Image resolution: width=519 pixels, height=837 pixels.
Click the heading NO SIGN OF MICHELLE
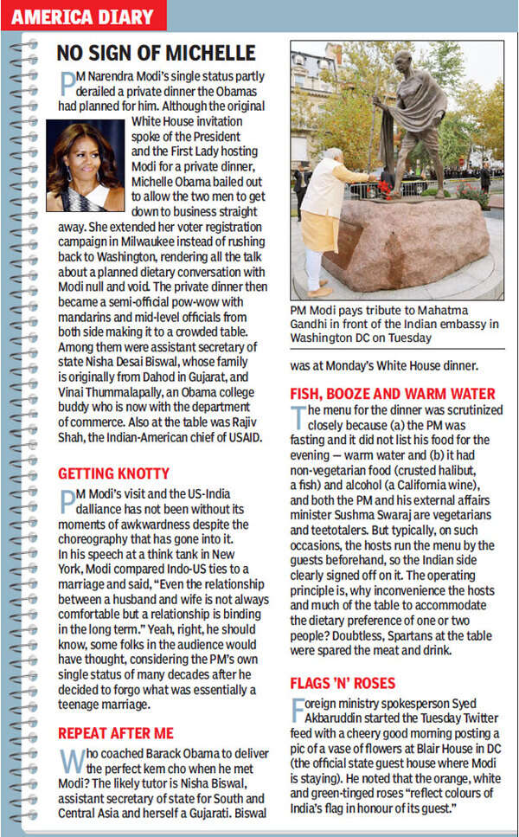point(156,53)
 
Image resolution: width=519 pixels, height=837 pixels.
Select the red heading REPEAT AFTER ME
point(115,732)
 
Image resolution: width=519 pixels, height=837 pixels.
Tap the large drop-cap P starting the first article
point(67,83)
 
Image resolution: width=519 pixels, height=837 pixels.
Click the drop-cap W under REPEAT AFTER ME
point(69,760)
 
